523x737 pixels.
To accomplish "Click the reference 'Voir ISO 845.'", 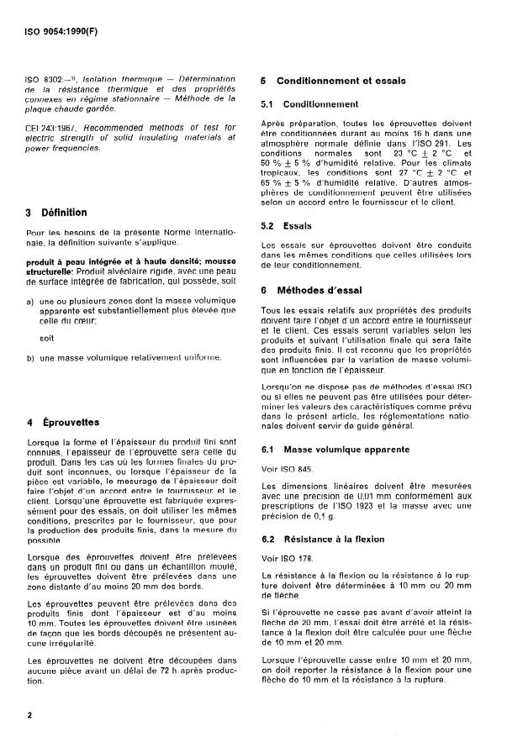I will click(287, 445).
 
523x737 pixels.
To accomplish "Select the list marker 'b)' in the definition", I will click(30, 357).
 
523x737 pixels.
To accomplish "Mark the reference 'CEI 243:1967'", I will click(49, 127).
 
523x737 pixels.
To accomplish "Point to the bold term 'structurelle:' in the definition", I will click(50, 271).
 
